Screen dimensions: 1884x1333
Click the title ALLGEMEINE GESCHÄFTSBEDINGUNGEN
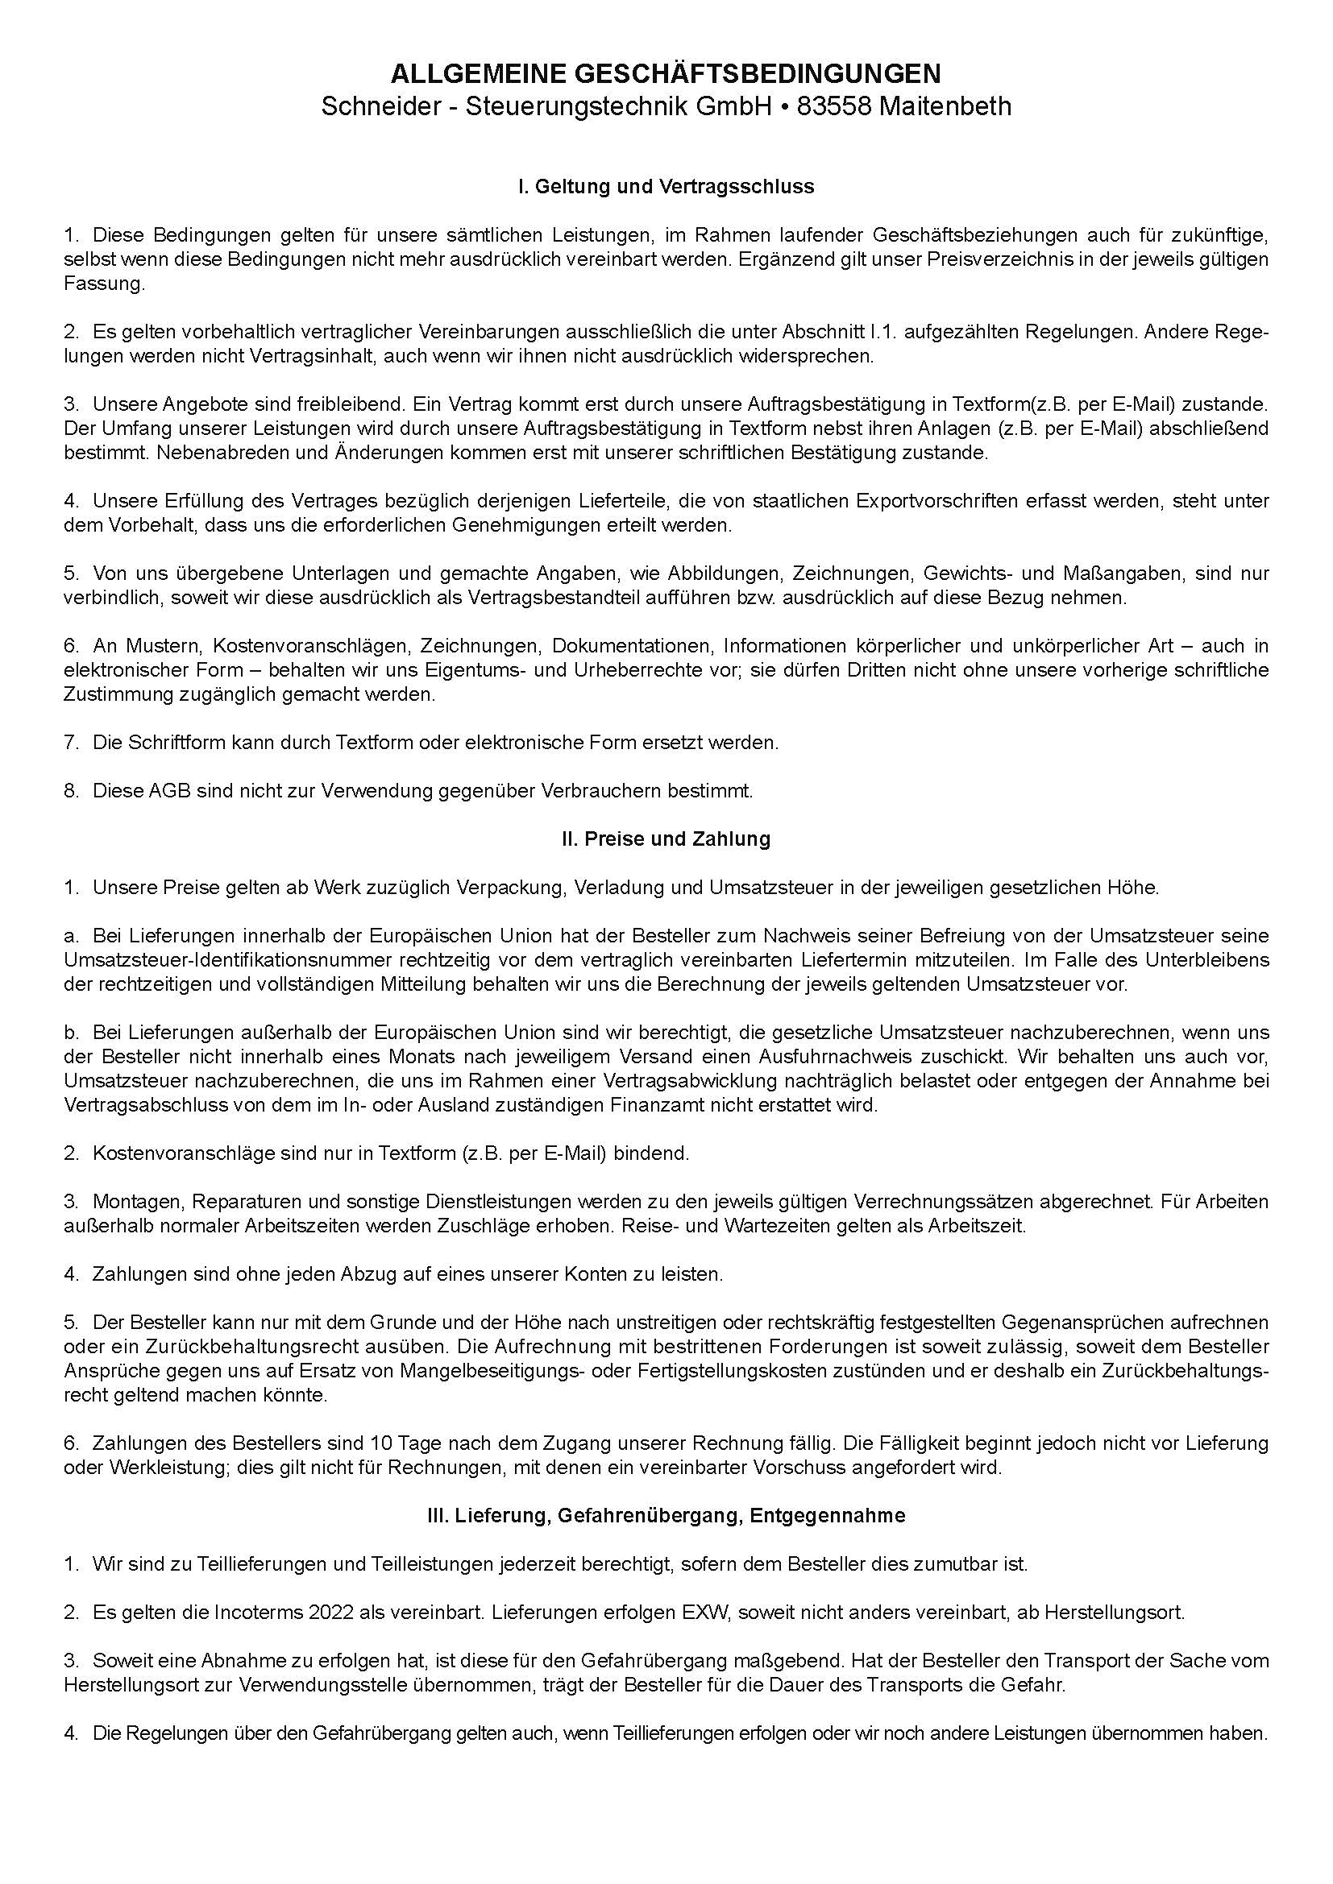[x=666, y=74]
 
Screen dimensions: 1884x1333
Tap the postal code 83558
[x=833, y=106]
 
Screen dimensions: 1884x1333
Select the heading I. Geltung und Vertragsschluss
[x=666, y=187]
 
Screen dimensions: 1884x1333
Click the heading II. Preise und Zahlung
[x=666, y=838]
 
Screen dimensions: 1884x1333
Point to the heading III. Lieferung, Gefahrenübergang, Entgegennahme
[x=666, y=1516]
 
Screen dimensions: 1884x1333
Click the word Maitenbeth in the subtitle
[x=945, y=106]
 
